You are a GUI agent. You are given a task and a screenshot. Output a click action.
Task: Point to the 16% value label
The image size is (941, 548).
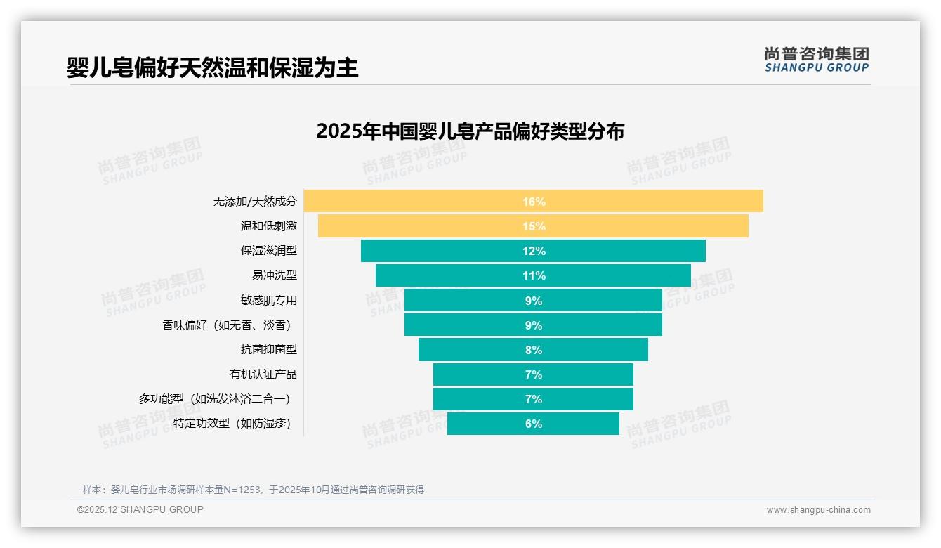coord(534,202)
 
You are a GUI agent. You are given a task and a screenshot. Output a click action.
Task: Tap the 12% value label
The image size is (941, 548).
coord(534,251)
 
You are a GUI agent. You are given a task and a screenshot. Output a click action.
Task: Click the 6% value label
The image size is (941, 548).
coord(534,424)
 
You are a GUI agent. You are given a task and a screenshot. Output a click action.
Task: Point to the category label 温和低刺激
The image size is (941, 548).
coord(269,226)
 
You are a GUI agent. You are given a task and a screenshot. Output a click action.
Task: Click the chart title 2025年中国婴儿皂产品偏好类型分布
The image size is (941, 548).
coord(470,131)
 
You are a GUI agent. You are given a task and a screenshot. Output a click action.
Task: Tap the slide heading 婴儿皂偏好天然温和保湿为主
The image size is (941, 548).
coord(212,67)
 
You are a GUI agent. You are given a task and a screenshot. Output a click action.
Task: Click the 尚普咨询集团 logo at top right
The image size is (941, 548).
coord(816,59)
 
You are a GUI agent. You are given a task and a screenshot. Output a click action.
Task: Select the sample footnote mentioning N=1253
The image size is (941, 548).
coord(254,490)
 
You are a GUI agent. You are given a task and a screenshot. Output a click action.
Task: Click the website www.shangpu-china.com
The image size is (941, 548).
coord(818,510)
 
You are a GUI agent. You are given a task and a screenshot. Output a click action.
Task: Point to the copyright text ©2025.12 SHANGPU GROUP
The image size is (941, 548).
coord(140,509)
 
